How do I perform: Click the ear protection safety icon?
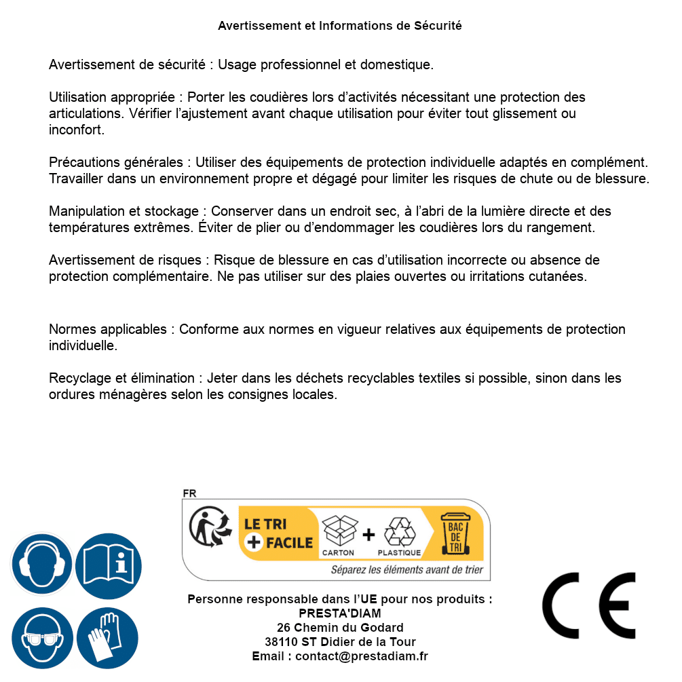click(x=42, y=565)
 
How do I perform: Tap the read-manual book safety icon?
click(x=109, y=565)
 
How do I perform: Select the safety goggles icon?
click(x=42, y=638)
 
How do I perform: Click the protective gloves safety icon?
click(x=109, y=638)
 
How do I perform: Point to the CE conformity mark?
click(x=589, y=605)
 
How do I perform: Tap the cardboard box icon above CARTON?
click(x=339, y=531)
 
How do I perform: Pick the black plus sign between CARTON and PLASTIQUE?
click(x=368, y=535)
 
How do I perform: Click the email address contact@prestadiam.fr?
click(x=362, y=656)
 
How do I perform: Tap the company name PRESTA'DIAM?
click(x=340, y=613)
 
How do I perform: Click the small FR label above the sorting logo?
click(x=189, y=493)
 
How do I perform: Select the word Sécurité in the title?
click(x=438, y=26)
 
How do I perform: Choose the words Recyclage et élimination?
click(x=121, y=378)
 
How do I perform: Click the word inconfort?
click(x=76, y=130)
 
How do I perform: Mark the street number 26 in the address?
click(x=284, y=628)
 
